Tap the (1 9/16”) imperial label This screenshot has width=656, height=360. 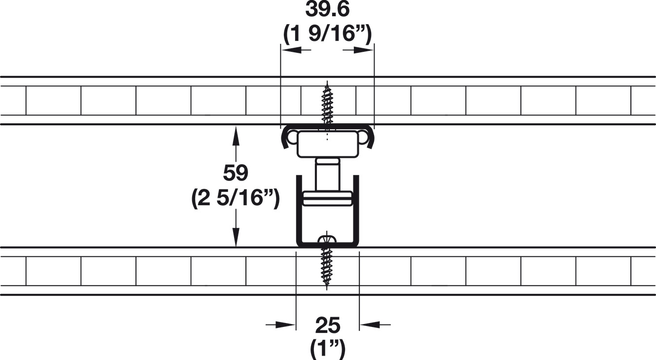pyautogui.click(x=327, y=34)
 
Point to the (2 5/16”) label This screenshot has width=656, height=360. pyautogui.click(x=236, y=198)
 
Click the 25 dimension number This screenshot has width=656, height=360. pyautogui.click(x=328, y=325)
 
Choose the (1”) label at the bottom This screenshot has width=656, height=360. pyautogui.click(x=328, y=349)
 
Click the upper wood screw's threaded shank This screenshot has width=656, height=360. pyautogui.click(x=327, y=104)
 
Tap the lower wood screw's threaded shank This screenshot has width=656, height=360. pyautogui.click(x=327, y=267)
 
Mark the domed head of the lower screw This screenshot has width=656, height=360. pyautogui.click(x=327, y=238)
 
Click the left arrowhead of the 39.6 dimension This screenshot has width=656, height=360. pyautogui.click(x=291, y=50)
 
